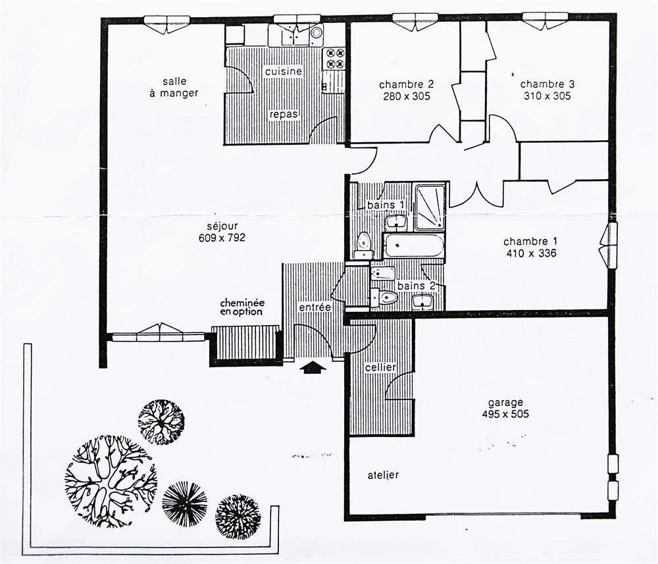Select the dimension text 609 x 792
(x=222, y=238)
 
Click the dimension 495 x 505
(x=505, y=414)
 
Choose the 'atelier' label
(x=383, y=475)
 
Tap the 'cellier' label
(x=380, y=368)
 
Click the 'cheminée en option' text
(x=242, y=307)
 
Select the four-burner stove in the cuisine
(x=334, y=58)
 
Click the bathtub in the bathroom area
(x=414, y=246)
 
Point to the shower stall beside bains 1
(x=430, y=208)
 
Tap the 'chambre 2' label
(x=406, y=85)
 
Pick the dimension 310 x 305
(x=547, y=96)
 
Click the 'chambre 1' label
(x=530, y=242)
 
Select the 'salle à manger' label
(x=174, y=88)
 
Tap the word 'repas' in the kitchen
(x=284, y=114)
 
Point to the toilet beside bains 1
(x=363, y=245)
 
